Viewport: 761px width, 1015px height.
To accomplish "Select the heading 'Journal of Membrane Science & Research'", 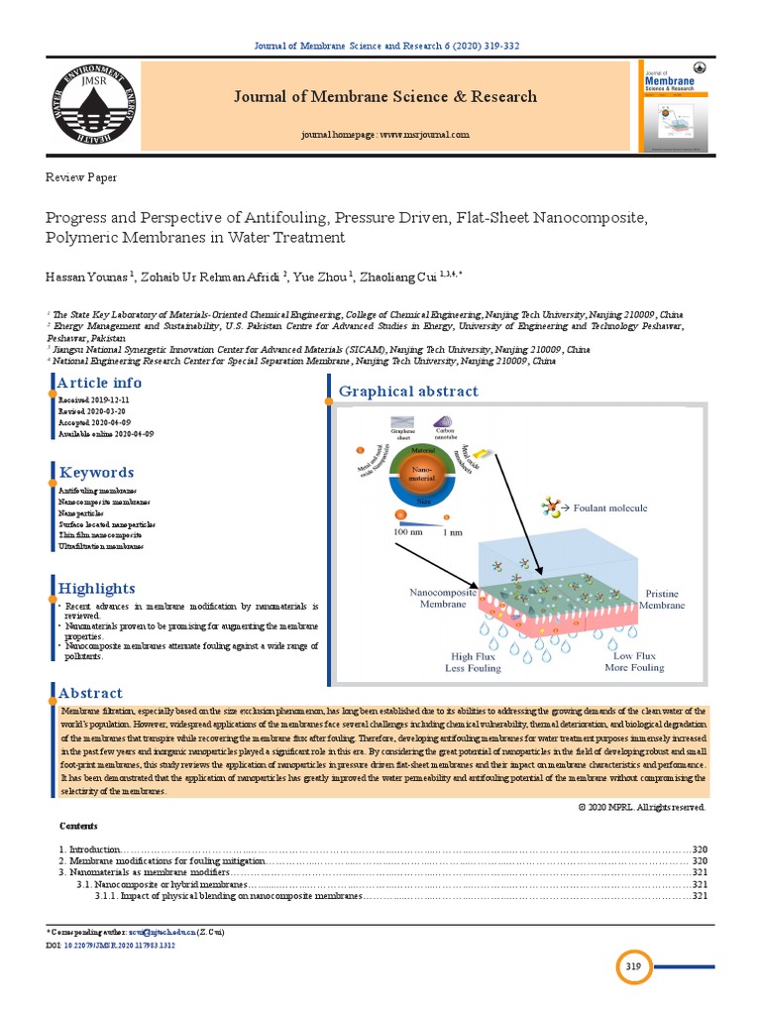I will [384, 96].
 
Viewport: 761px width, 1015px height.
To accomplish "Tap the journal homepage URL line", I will [384, 134].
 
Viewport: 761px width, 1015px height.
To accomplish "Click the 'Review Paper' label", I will [81, 177].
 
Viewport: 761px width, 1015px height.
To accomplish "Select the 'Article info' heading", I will [99, 383].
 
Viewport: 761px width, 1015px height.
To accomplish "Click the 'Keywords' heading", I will [96, 472].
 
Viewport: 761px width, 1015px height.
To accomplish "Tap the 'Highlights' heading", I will [97, 588].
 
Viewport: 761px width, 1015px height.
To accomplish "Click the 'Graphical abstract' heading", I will [408, 392].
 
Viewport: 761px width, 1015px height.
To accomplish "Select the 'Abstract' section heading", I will [91, 693].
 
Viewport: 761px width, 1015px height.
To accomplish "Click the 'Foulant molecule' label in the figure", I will [610, 507].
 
